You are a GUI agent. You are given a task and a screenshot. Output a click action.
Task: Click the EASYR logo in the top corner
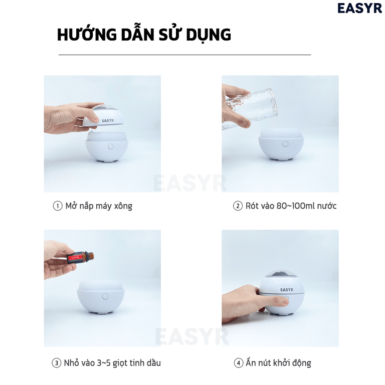point(359,8)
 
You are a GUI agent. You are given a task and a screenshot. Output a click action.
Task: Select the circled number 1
point(58,206)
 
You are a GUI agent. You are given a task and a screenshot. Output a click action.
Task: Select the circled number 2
point(238,206)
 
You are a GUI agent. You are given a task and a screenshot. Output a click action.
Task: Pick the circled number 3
point(57,363)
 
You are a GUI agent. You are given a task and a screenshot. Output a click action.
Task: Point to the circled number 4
point(238,363)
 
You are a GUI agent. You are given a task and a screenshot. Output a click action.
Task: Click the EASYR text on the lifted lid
point(109,120)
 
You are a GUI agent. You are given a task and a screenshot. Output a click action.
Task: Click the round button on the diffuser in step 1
point(111,147)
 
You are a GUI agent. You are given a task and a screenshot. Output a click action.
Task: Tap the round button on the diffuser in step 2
point(284,144)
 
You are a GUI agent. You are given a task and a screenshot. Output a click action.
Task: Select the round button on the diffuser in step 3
point(105,296)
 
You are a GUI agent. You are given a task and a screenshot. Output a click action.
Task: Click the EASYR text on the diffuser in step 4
point(286,289)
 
